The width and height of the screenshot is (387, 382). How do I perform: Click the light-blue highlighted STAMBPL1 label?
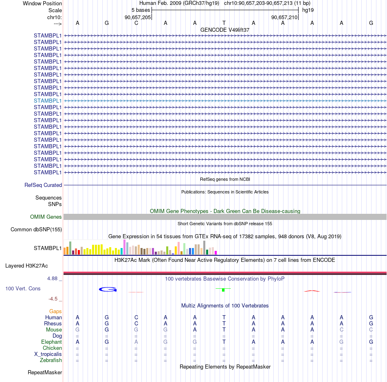pos(48,101)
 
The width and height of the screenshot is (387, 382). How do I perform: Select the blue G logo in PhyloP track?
pos(108,289)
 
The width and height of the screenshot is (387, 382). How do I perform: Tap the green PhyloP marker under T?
pos(223,290)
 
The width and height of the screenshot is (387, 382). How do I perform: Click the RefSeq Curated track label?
pos(43,185)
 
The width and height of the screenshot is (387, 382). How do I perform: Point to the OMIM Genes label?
pos(46,217)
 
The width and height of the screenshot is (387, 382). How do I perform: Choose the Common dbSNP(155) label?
pos(36,230)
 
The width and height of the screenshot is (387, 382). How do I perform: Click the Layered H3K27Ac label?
pos(26,266)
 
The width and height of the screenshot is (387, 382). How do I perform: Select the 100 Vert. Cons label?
pos(23,288)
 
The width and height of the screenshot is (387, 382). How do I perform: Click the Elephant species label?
pos(51,342)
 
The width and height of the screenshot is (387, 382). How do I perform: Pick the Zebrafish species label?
pos(51,360)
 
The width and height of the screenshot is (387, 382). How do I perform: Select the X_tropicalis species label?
pos(48,354)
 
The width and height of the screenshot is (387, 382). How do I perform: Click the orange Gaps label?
pos(55,311)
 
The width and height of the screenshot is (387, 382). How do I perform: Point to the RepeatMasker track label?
pos(45,372)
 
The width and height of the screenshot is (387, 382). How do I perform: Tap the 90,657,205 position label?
pos(138,17)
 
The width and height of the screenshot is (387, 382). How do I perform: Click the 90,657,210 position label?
pos(284,17)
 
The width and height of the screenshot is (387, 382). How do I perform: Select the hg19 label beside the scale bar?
pos(308,10)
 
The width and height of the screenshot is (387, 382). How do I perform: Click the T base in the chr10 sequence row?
pos(224,23)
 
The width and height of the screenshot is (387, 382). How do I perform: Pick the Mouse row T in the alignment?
pos(224,330)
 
